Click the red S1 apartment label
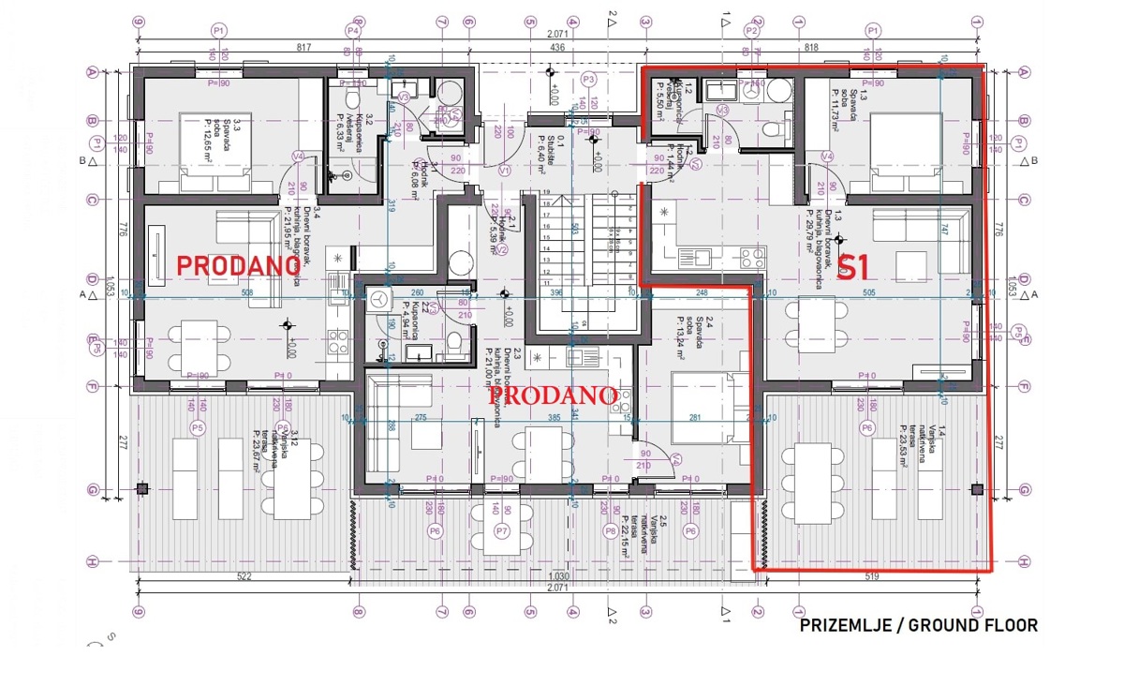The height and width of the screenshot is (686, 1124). [x=853, y=268]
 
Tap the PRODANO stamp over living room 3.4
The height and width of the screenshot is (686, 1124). [x=238, y=265]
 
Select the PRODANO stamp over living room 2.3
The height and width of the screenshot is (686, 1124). [x=554, y=395]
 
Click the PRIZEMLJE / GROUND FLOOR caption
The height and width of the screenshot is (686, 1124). [x=918, y=625]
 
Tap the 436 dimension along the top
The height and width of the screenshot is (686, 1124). [x=556, y=47]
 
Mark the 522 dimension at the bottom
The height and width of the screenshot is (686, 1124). [x=244, y=577]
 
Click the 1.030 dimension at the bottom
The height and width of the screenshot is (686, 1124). [x=559, y=577]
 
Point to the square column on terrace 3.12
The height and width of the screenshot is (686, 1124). [x=141, y=488]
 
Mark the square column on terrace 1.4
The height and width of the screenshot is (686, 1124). [x=977, y=488]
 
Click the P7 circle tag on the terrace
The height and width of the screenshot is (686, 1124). [x=501, y=531]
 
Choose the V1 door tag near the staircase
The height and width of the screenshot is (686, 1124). [x=504, y=171]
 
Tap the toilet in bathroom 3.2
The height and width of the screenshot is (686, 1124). [x=352, y=97]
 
